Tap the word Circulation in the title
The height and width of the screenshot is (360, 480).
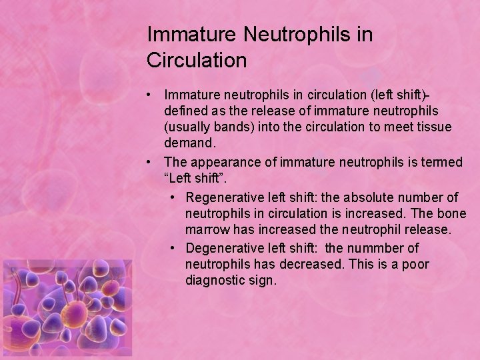(197, 61)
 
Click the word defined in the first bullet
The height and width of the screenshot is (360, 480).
(187, 111)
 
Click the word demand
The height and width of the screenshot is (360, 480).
(189, 143)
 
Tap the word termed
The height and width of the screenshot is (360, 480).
(442, 162)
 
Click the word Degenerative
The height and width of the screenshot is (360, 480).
(223, 248)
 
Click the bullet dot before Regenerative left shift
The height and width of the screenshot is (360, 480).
(173, 197)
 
